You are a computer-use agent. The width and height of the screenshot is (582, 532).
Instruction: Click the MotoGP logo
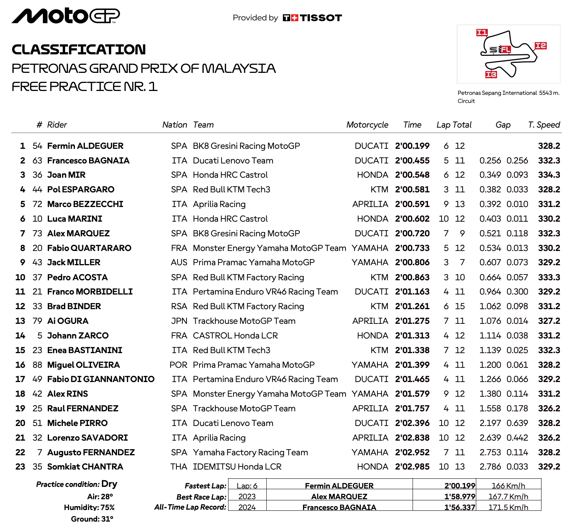point(66,16)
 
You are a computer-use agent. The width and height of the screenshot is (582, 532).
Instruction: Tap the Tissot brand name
point(321,18)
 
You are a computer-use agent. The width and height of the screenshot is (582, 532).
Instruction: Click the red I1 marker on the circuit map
point(482,33)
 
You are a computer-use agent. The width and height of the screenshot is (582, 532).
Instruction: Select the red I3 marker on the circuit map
point(491,74)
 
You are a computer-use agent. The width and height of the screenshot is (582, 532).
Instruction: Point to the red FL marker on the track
point(505,49)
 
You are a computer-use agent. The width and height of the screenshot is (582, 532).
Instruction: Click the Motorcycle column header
point(367,125)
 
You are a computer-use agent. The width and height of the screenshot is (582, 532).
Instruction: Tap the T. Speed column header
point(544,125)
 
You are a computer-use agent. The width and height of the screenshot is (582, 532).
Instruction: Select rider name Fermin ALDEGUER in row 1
point(85,146)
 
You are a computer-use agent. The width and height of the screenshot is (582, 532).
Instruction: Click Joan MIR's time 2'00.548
point(412,175)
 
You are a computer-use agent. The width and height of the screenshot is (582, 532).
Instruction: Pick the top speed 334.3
point(549,175)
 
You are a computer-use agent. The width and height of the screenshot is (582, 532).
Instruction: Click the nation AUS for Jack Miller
point(179,263)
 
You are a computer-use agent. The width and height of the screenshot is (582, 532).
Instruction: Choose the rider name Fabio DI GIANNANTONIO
point(101,379)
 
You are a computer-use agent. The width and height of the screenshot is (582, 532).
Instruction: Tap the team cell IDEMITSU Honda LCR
point(237,467)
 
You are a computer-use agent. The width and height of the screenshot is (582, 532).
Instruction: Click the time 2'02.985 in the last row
point(412,467)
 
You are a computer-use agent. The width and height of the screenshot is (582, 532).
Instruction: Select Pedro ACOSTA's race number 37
point(37,278)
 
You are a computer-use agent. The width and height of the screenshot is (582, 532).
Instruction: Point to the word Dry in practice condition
point(109,484)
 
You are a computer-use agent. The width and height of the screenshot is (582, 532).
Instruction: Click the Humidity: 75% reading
point(89,508)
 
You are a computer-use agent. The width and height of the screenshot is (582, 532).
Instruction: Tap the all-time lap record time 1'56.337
point(460,507)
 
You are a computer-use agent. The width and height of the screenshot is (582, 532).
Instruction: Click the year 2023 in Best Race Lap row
point(247,497)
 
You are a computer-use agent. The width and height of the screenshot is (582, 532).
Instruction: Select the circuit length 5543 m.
point(549,93)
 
